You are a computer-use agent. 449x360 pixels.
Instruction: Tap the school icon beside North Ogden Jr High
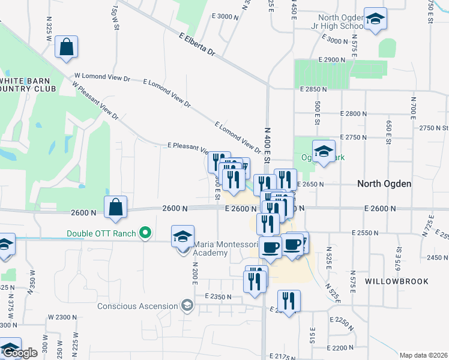[x=375, y=19]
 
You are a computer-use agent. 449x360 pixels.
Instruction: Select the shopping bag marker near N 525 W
[x=66, y=47]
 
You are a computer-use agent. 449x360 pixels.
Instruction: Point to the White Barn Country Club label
[x=28, y=85]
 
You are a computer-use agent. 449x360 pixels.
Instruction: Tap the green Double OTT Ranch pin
[x=145, y=233]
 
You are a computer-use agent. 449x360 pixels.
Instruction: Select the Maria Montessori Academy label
[x=210, y=248]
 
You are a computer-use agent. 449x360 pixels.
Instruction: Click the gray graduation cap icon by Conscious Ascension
[x=188, y=306]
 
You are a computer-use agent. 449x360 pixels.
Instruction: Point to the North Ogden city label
[x=384, y=184]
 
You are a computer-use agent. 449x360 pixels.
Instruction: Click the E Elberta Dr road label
[x=196, y=45]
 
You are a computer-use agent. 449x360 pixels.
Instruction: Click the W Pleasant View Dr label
[x=95, y=100]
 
